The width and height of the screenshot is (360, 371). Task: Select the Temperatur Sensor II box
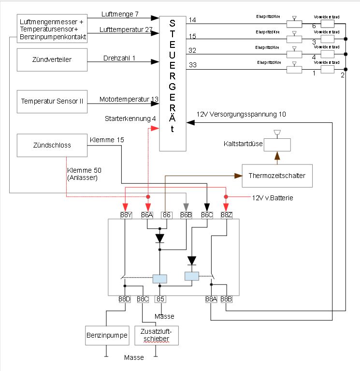click(x=52, y=101)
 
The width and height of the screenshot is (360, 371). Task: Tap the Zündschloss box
click(x=52, y=145)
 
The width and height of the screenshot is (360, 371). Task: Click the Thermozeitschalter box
click(x=277, y=176)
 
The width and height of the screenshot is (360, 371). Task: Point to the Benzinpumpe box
click(x=107, y=335)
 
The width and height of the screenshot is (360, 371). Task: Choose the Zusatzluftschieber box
click(x=156, y=335)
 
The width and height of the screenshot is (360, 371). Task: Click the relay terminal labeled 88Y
click(x=125, y=215)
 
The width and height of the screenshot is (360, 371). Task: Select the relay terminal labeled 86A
click(x=147, y=215)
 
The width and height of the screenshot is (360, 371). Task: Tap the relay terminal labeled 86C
click(x=207, y=215)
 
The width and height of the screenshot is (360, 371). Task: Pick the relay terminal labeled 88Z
click(x=227, y=215)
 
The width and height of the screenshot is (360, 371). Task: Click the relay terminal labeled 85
click(x=160, y=299)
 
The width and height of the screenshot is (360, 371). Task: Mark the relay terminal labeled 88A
click(x=211, y=299)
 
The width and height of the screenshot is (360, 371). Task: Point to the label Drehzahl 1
click(x=119, y=58)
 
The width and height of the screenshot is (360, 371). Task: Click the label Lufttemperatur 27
click(x=126, y=30)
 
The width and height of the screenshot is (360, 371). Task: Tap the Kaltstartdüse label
click(x=243, y=144)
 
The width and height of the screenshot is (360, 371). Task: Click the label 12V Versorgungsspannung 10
click(x=241, y=115)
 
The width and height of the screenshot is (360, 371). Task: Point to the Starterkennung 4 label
click(x=130, y=119)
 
